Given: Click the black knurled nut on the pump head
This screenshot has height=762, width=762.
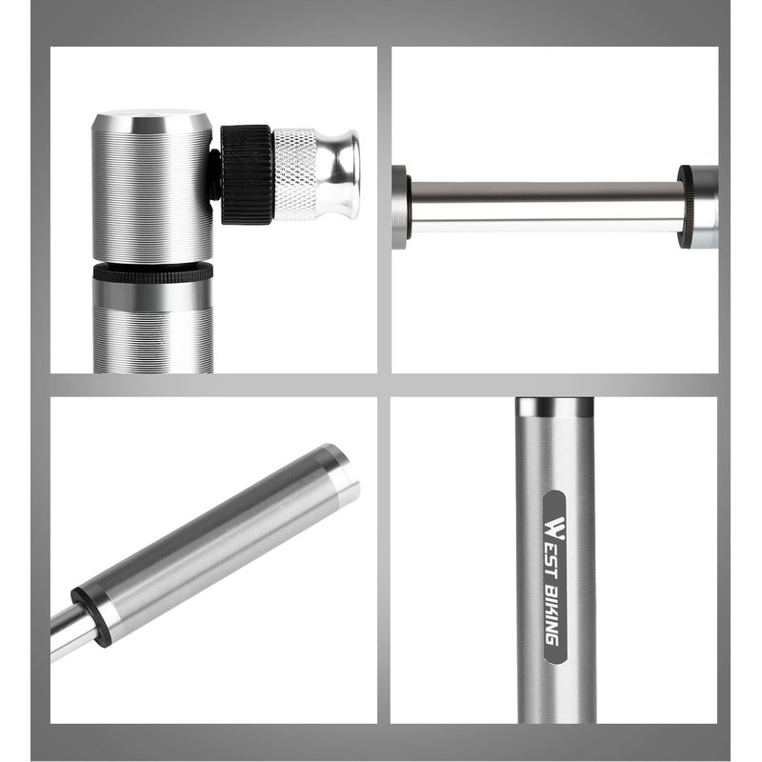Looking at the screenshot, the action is coord(247,174).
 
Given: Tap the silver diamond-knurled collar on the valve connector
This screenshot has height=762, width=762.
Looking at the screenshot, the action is coord(295,173).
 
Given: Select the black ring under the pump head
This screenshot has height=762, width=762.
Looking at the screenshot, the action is coord(152,272).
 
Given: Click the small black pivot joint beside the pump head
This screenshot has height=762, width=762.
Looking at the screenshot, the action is coord(215,174).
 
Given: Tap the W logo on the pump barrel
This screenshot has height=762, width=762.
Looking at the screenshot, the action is coord(554,529).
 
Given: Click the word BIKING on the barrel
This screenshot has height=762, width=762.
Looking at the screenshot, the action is coord(552,616).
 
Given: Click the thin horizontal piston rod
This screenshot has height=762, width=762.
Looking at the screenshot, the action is coord(545,208).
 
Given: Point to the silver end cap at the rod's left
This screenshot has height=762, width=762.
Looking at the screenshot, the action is coord(399,208).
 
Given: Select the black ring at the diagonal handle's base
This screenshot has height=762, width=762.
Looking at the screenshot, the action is coord(90,617).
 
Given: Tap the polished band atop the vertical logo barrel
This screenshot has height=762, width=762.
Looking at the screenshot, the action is coord(554,408).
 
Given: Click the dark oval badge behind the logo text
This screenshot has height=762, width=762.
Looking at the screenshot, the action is coord(554,577).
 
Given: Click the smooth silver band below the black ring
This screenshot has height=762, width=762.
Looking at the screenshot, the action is coord(152,296).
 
